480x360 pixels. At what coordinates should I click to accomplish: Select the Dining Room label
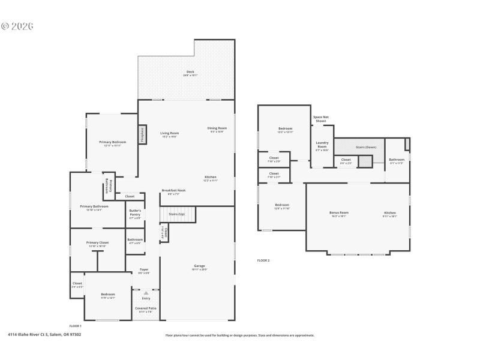(x=217, y=129)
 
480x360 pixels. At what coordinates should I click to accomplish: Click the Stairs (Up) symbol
(x=176, y=214)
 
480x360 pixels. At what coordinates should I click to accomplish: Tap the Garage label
(x=199, y=267)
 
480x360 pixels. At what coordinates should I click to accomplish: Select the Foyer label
(x=144, y=271)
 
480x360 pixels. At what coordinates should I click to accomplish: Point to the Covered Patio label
(x=146, y=309)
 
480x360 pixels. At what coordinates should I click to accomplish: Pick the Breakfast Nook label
(x=173, y=191)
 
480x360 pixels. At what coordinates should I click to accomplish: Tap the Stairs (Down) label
(x=365, y=146)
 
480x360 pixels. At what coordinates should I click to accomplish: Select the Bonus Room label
(x=339, y=214)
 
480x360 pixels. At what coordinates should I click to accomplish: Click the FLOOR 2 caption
(x=263, y=260)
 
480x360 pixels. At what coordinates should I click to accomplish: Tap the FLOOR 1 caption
(x=76, y=326)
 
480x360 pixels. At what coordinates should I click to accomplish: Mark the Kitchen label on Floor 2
(x=390, y=214)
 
